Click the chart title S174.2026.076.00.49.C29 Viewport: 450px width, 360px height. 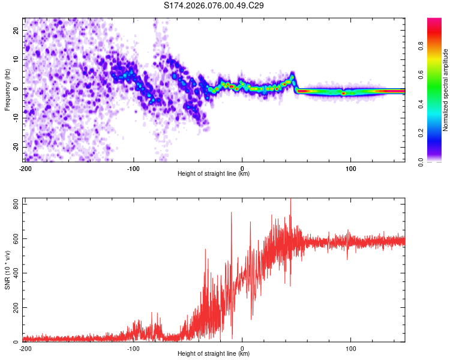[214, 6]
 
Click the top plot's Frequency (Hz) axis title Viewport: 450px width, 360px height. [7, 90]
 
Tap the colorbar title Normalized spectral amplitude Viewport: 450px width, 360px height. [446, 90]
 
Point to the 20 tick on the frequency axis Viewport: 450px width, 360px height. [17, 30]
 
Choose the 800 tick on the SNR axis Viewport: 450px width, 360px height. [15, 205]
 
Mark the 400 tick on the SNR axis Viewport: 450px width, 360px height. [15, 274]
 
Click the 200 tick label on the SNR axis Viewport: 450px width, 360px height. [15, 308]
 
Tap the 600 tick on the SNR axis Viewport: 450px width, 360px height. [15, 239]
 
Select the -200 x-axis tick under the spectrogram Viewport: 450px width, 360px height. [25, 168]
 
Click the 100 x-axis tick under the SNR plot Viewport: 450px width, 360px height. [350, 348]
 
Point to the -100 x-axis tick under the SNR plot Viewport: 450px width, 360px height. [133, 348]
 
